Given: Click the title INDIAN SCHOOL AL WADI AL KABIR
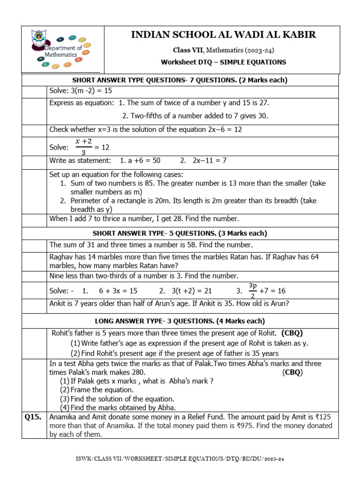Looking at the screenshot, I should pos(223,35).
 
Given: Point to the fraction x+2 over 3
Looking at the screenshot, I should pos(83,147).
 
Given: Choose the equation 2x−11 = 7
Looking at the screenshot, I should pos(210,160).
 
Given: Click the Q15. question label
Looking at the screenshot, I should pos(33,417).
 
